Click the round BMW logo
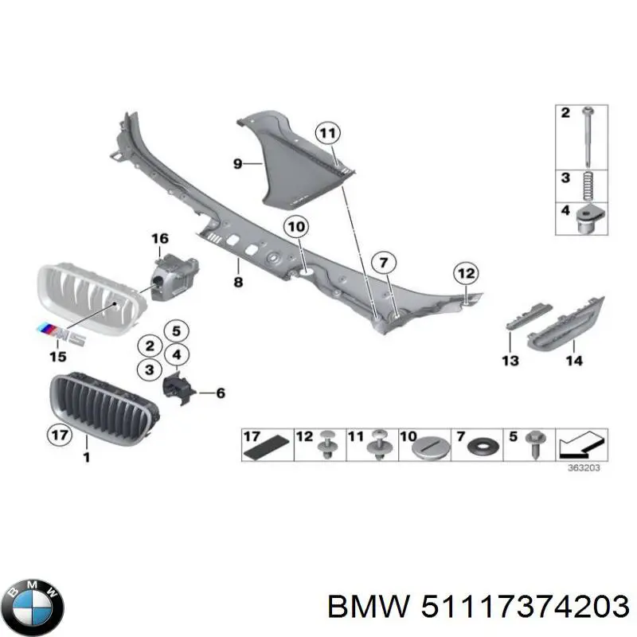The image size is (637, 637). [x=33, y=608]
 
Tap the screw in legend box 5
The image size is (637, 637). [x=534, y=445]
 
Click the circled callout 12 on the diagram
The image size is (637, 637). [x=466, y=273]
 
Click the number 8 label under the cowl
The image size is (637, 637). [x=238, y=283]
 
